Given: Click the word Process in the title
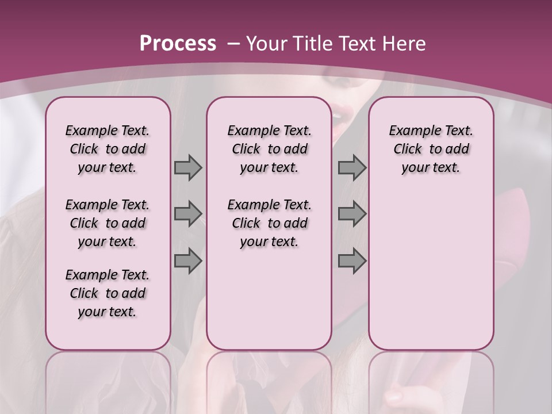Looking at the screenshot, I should click(178, 44).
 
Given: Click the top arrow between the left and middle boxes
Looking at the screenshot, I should click(188, 168).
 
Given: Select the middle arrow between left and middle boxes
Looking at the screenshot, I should click(188, 214).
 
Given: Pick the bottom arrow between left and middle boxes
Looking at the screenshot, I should click(188, 261).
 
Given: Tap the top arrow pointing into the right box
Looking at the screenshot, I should click(352, 168).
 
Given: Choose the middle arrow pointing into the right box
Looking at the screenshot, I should click(352, 214).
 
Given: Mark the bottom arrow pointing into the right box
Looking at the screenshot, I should click(352, 261).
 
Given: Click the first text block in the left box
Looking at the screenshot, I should click(108, 149).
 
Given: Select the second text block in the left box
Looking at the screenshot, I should click(108, 223).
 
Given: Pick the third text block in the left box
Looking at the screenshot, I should click(108, 293).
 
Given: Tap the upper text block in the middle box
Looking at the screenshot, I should click(269, 149).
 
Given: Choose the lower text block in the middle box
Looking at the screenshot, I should click(269, 223).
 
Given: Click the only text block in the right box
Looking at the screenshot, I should click(431, 149).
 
